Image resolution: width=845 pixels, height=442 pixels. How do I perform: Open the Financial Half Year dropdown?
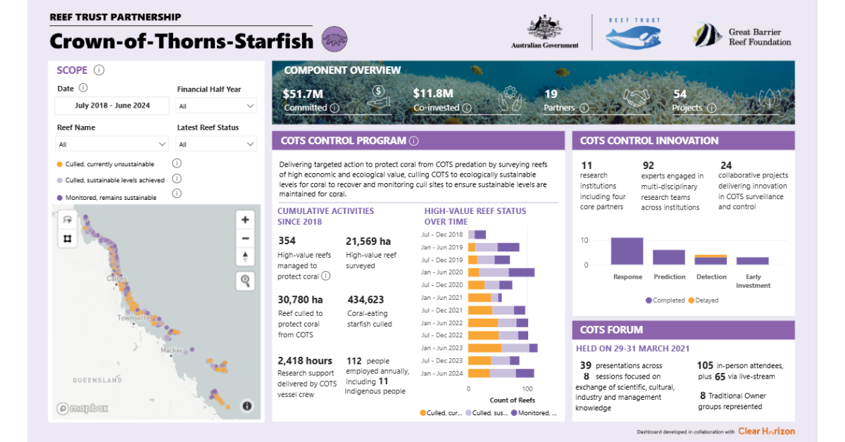tap(216, 106)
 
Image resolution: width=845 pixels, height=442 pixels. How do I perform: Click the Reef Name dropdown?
tap(113, 144)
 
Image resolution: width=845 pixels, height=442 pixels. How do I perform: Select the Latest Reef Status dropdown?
tap(216, 144)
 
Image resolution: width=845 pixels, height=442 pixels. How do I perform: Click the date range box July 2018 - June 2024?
tap(113, 106)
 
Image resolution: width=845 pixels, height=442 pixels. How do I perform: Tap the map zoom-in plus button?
tap(245, 220)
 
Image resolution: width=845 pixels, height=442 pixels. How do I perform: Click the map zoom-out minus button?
tap(245, 238)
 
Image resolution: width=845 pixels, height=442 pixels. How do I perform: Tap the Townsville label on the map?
tap(134, 319)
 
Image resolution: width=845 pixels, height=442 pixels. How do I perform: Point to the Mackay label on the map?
tap(171, 350)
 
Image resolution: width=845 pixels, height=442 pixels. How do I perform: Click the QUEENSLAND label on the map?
tap(97, 380)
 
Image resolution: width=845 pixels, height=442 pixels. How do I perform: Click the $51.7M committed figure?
tap(303, 93)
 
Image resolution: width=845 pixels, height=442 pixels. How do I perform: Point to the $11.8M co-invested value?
tap(432, 93)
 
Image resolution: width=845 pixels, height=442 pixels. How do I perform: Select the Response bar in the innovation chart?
tap(627, 251)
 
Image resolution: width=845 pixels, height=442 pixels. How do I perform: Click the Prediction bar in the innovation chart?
tap(669, 257)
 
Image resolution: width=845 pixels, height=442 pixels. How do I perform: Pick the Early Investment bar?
tap(752, 260)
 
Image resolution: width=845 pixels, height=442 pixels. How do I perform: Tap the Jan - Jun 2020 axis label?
tap(442, 272)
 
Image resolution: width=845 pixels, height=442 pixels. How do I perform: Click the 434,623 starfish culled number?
tap(365, 300)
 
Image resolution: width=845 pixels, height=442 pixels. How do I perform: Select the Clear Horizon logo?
tap(767, 431)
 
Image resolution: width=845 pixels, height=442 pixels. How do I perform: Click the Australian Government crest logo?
tap(544, 32)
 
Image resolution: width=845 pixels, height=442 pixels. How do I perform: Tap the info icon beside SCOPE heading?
tap(99, 70)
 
